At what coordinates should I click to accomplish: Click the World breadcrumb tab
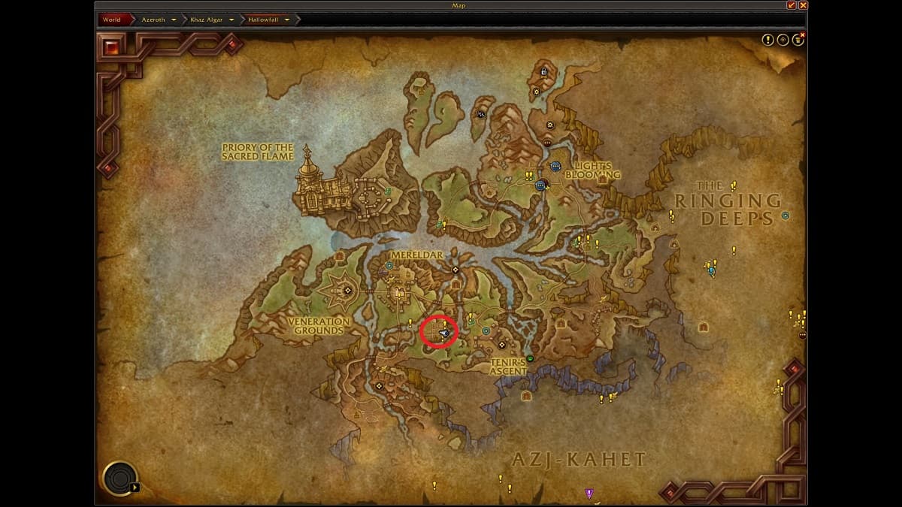pos(111,20)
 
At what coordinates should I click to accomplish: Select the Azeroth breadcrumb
pos(153,20)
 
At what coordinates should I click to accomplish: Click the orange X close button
pos(802,5)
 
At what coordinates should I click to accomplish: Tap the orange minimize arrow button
pos(791,5)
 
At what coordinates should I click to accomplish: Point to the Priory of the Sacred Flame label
pos(257,152)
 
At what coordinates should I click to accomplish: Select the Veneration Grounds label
pos(319,326)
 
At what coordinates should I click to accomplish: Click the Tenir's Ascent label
pos(508,367)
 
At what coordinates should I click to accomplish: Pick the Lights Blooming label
pos(593,171)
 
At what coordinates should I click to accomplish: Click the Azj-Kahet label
pos(579,459)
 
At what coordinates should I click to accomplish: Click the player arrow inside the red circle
pos(445,332)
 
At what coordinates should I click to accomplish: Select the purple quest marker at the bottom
pos(589,493)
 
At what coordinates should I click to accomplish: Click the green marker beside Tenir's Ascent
pos(530,358)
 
